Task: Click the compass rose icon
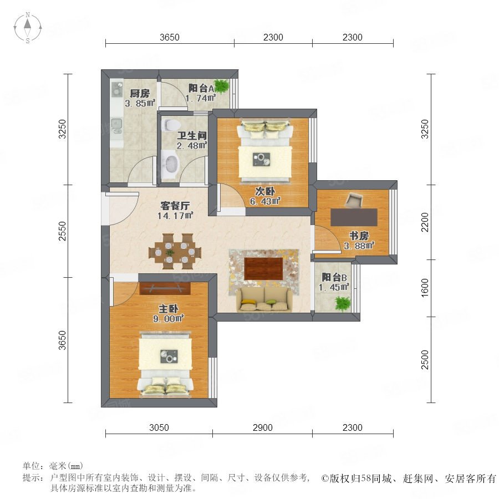tap(28, 28)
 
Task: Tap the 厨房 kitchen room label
tap(140, 93)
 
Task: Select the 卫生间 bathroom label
tap(192, 136)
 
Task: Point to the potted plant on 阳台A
tap(221, 85)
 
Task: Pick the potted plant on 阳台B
tap(343, 303)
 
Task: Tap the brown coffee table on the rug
tap(263, 268)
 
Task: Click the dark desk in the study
tap(354, 217)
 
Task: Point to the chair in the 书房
tap(354, 200)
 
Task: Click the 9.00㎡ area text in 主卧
tap(169, 319)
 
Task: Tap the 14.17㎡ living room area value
tap(175, 216)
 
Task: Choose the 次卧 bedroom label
tap(265, 191)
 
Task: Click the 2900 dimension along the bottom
tap(263, 427)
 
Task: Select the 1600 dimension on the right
tap(425, 288)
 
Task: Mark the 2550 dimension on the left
tap(62, 231)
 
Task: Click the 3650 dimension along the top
tap(170, 37)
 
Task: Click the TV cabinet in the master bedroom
tap(165, 288)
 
